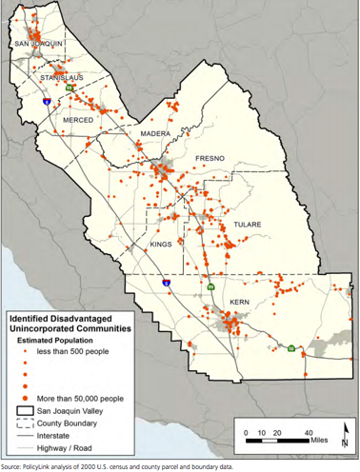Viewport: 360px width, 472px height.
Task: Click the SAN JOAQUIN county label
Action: point(36,45)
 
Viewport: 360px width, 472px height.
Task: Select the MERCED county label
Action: point(78,121)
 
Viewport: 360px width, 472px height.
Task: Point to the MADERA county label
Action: point(155,136)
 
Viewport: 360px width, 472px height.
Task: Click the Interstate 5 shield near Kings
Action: point(165,283)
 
